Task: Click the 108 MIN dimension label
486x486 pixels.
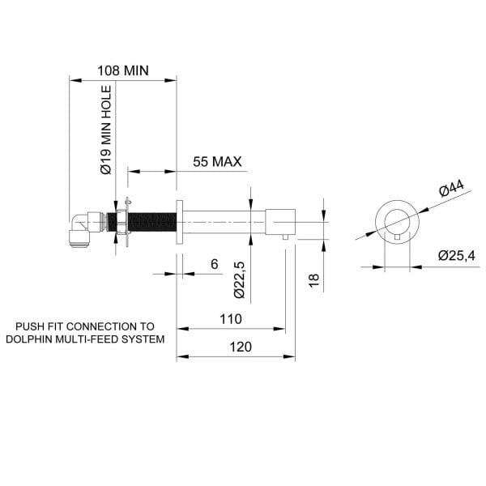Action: click(123, 70)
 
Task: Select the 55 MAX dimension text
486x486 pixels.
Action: click(217, 162)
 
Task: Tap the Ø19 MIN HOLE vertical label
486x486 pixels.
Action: click(106, 130)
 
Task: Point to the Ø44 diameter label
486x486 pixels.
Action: click(452, 188)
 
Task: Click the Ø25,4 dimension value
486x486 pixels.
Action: click(457, 256)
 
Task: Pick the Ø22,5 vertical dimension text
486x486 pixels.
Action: click(240, 280)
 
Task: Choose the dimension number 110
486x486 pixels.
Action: click(231, 319)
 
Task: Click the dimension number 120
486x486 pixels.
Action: click(241, 347)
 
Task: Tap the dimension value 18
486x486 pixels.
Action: click(314, 280)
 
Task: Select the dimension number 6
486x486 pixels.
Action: click(214, 264)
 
